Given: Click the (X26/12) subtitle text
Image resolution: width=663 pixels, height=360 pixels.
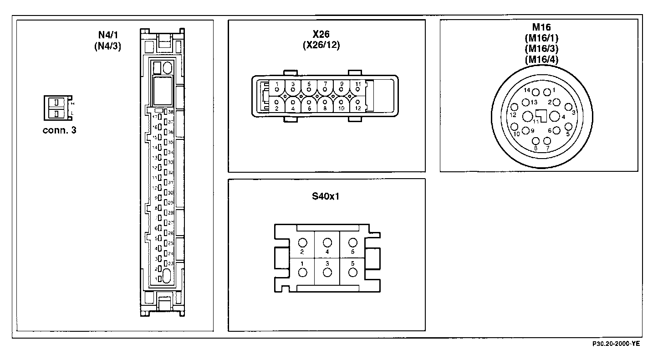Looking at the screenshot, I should point(321,45).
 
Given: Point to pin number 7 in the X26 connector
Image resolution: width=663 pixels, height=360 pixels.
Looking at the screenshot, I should point(325,89).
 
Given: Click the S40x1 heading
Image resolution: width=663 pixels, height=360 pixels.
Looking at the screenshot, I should point(326,197).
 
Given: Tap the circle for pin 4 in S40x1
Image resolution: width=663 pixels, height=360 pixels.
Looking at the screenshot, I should point(327,243).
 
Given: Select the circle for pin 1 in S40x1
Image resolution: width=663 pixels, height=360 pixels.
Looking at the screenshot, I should point(302,273).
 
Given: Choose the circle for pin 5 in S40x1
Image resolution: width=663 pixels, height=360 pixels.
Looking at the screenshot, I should point(352,273).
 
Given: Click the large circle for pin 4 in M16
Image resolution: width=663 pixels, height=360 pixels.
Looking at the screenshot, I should point(555,116).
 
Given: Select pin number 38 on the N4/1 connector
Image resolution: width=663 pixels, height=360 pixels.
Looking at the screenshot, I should point(166,112).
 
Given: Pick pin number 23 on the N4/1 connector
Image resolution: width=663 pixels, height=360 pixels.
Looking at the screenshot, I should point(166,263).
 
